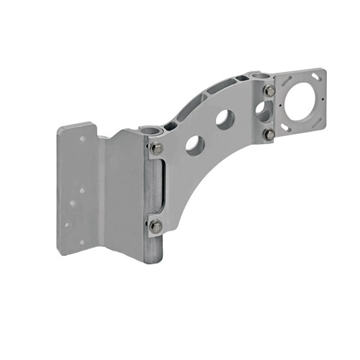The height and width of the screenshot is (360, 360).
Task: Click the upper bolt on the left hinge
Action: pyautogui.click(x=156, y=148)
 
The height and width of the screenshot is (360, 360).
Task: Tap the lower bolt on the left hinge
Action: pyautogui.click(x=156, y=226)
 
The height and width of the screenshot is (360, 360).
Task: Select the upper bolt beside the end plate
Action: pyautogui.click(x=269, y=91)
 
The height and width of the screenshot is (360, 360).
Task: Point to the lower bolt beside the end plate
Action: pyautogui.click(x=269, y=134)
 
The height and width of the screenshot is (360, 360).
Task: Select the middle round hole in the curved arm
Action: pyautogui.click(x=225, y=120)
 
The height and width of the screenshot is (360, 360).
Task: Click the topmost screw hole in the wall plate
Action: pyautogui.click(x=82, y=138)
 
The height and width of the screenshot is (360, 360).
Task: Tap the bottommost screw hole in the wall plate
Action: pyautogui.click(x=81, y=243)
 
